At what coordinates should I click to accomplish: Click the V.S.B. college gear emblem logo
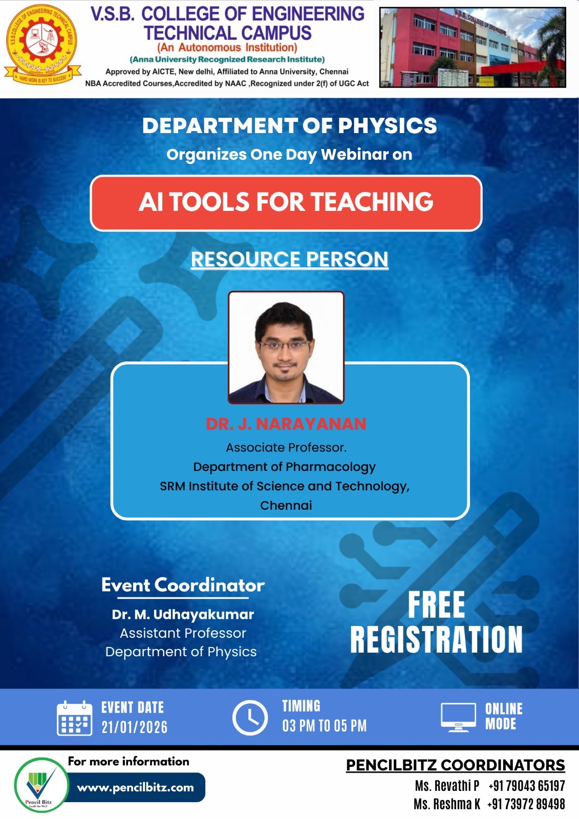point(42,44)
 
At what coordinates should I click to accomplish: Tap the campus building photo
point(473,48)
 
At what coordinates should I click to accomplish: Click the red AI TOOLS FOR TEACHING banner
point(286,203)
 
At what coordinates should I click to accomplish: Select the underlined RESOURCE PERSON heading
point(289,259)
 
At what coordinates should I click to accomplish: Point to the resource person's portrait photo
point(286,348)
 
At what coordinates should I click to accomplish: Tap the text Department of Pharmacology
point(285,467)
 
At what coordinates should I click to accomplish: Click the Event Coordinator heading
point(183,585)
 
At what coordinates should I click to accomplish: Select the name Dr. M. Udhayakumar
point(183,614)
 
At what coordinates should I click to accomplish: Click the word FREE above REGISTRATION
point(436,606)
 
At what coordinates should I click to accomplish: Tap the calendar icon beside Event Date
point(75,718)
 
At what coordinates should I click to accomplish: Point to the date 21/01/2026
point(135,727)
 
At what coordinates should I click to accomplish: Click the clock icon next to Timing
point(250,718)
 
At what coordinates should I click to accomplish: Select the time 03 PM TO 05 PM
point(325,726)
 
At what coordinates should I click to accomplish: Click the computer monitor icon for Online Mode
point(459,717)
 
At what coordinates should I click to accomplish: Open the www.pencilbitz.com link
point(135,788)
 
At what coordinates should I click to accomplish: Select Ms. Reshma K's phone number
point(526,804)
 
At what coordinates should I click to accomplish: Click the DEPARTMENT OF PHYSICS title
point(289,126)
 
